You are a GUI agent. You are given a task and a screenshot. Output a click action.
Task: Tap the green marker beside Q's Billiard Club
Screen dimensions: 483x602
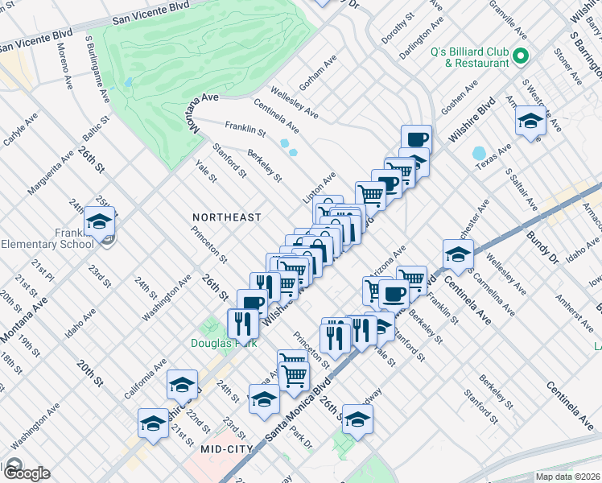(x=521, y=57)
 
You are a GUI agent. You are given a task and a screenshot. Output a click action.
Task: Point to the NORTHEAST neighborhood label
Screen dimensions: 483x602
(x=227, y=217)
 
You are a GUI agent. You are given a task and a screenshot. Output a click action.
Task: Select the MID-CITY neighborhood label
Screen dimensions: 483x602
(x=227, y=448)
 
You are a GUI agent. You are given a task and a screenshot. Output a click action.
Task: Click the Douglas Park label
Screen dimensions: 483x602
(x=217, y=342)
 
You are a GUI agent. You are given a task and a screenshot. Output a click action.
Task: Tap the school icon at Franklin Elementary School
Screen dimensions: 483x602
(x=99, y=221)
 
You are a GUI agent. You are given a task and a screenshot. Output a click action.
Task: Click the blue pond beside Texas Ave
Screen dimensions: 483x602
(x=479, y=152)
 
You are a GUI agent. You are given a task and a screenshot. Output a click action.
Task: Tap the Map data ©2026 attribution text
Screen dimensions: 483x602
(x=568, y=477)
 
